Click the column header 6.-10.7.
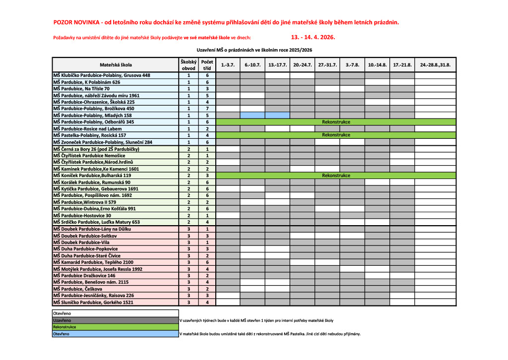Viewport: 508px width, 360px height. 253,65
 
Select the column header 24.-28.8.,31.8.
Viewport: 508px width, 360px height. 435,65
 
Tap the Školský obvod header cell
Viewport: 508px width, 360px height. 189,65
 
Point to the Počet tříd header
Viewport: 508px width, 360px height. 207,65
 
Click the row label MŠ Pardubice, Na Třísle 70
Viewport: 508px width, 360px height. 81,89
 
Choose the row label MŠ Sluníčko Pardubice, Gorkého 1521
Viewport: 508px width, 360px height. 93,302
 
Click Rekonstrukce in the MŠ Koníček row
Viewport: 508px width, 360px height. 336,176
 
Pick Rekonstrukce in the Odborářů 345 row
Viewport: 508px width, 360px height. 336,121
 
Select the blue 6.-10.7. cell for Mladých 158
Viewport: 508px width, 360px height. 253,115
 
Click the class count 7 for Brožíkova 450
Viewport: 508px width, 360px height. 207,109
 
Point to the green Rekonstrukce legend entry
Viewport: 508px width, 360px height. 65,327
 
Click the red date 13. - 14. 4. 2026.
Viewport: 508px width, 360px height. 313,37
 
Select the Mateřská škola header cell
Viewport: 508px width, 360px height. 116,65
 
